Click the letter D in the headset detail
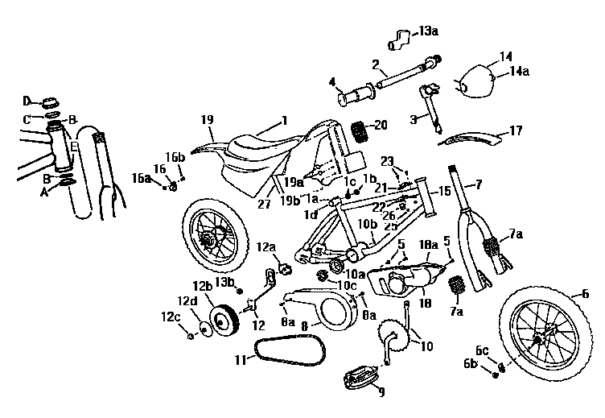tap(27, 101)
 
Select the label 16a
tap(142, 178)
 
